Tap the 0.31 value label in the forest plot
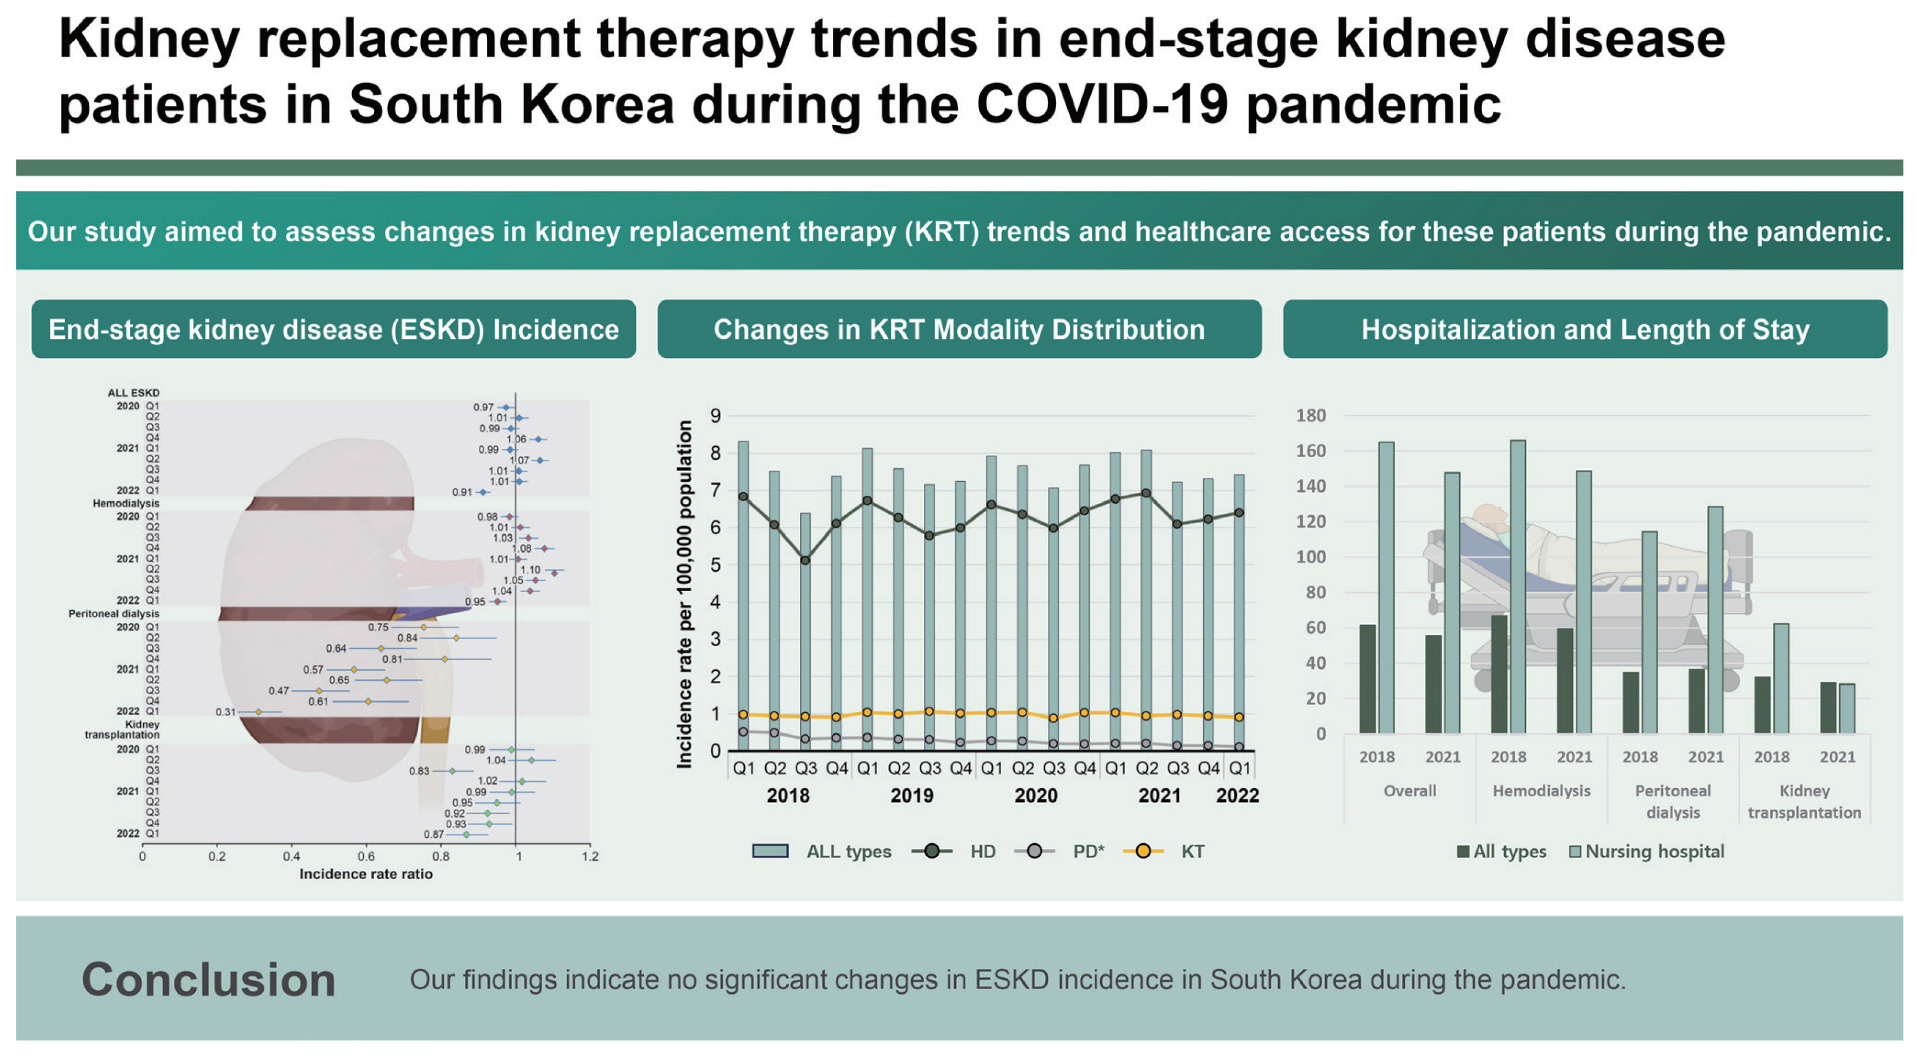tap(225, 712)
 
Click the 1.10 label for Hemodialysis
tap(530, 570)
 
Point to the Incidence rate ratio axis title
tap(365, 874)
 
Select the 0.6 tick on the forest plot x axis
tap(366, 857)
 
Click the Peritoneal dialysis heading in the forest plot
tap(114, 614)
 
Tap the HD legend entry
tap(982, 851)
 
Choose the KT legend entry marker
tap(1143, 851)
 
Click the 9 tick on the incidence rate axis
tap(716, 416)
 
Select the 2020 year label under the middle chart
tap(1035, 795)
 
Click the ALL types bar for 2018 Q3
tap(805, 633)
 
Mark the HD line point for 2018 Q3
tap(805, 560)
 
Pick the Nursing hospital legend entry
tap(1654, 851)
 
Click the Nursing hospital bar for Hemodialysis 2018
tap(1517, 589)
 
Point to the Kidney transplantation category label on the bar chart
tap(1804, 801)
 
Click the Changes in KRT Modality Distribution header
tap(959, 329)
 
